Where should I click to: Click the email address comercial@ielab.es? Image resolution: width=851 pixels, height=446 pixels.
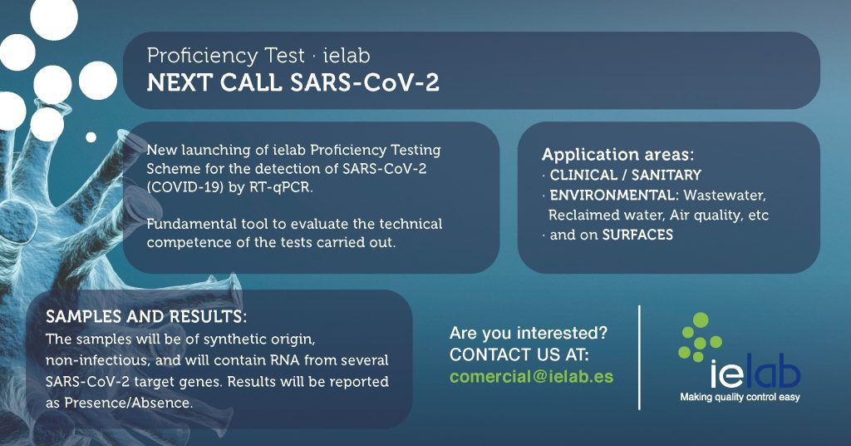pos(531,376)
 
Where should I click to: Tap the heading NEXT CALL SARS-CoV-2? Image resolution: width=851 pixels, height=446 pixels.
pos(293,83)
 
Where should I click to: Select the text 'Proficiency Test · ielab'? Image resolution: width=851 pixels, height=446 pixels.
pos(259,56)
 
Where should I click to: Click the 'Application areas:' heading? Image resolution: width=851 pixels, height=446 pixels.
pos(617,154)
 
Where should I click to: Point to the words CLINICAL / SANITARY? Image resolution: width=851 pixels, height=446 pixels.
pos(625,175)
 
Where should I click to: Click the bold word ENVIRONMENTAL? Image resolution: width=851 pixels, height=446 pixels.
pos(612,195)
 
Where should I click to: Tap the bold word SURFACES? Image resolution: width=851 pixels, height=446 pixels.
pos(637,235)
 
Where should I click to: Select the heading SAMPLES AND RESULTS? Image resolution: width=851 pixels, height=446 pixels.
pos(146,316)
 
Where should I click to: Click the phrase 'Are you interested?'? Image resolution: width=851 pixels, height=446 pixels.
pos(529,333)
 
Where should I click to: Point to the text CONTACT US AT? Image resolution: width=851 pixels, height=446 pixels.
pos(519,354)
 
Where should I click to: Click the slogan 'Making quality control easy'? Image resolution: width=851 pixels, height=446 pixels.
pos(740,397)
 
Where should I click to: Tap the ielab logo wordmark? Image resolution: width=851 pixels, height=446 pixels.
pos(755,374)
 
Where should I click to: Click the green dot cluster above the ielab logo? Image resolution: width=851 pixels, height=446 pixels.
pos(700,337)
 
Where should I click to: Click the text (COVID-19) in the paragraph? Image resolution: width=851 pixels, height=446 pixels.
pos(182,187)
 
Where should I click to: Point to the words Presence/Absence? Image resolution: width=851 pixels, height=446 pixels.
pos(128,403)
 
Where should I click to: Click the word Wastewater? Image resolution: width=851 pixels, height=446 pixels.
pos(725,195)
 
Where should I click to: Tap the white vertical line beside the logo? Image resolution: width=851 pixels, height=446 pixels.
pos(639,357)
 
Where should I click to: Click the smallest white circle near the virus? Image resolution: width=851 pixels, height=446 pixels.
pos(91,137)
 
